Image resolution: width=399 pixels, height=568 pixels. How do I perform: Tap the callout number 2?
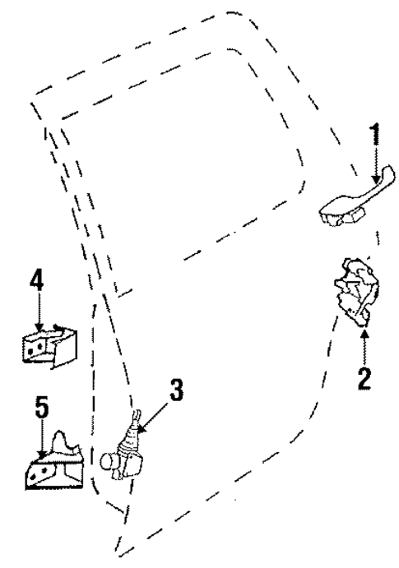pyautogui.click(x=364, y=376)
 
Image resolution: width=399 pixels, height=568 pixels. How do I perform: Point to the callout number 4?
pyautogui.click(x=36, y=280)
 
